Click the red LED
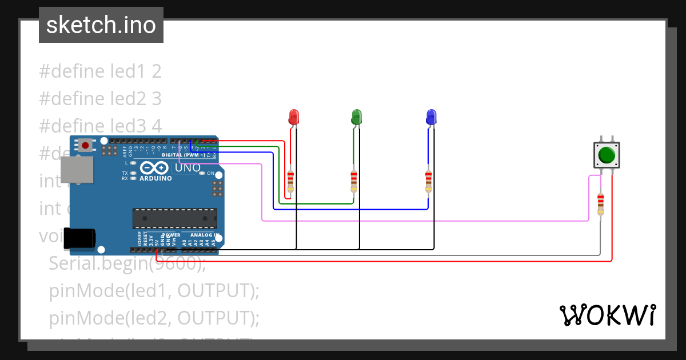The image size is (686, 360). point(293,117)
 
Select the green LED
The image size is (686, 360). point(356,117)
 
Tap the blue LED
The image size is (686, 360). point(431,117)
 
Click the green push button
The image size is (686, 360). point(606,155)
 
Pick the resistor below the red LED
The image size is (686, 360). point(290,181)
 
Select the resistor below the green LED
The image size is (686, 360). point(354,181)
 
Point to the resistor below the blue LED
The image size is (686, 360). point(428,181)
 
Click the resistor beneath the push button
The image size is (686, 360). point(600,204)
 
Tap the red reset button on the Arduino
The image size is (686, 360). point(85,145)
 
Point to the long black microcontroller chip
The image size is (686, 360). point(174,218)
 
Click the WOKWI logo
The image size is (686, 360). point(607,315)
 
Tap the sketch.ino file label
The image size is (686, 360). point(101,25)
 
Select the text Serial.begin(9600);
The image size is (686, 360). point(127,263)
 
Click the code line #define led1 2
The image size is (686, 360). point(100,71)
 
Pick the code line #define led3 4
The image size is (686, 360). point(100,126)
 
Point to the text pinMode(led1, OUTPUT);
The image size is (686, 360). point(154,291)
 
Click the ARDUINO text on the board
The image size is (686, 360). point(155,178)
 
